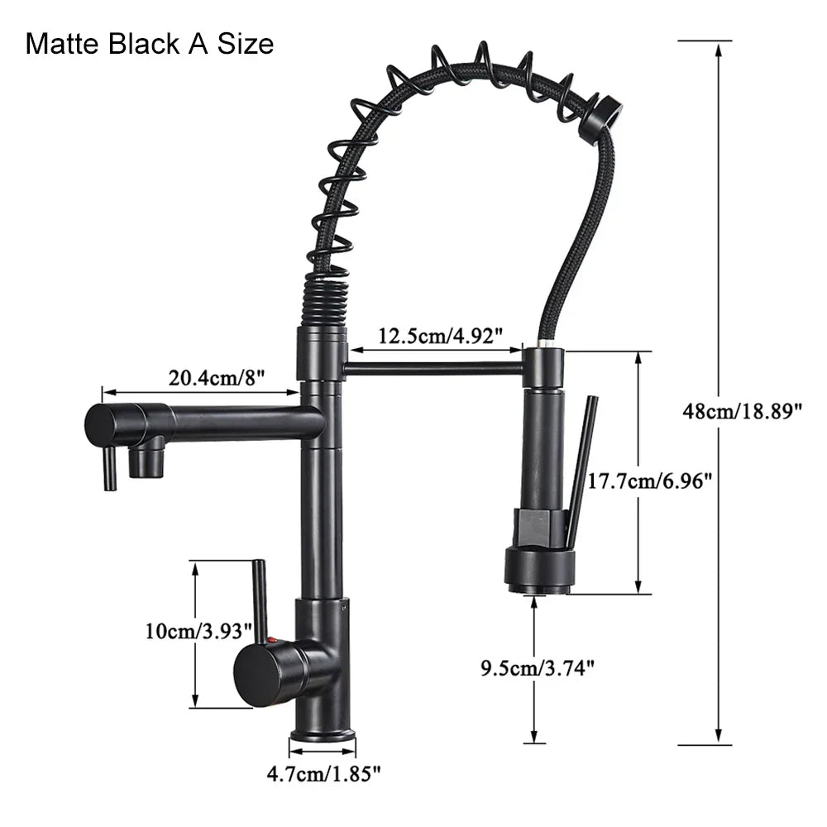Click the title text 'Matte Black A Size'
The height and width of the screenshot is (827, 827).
point(150,43)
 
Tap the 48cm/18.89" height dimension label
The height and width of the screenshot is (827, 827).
point(742,410)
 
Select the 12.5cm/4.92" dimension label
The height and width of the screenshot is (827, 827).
point(441,336)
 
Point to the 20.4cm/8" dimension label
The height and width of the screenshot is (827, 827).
point(216,378)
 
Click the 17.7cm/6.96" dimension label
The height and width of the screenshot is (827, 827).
point(650,480)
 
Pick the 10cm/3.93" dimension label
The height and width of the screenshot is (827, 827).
point(198,631)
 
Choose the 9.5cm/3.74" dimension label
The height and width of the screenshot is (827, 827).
point(538,667)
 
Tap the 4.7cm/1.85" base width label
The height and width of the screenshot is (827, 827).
point(323,774)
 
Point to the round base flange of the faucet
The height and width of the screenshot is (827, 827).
point(323,736)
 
